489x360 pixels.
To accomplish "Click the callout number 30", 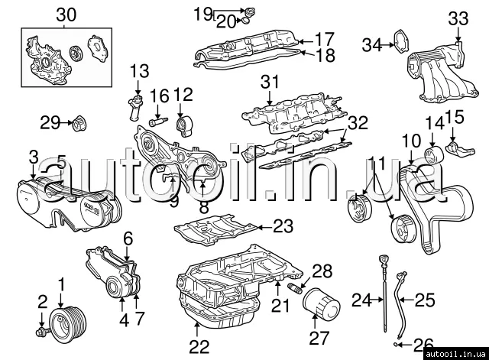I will [x=66, y=14].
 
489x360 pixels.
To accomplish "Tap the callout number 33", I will [x=458, y=18].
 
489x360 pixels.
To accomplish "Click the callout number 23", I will [x=283, y=225].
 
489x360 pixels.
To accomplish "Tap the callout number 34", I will [x=372, y=44].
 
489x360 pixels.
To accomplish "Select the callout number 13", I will [x=140, y=72].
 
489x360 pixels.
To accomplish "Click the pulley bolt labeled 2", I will [x=44, y=331].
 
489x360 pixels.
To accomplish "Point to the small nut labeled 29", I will [x=78, y=122].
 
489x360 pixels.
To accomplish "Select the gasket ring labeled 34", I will [x=398, y=43].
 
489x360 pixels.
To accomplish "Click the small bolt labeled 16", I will [x=157, y=120].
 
